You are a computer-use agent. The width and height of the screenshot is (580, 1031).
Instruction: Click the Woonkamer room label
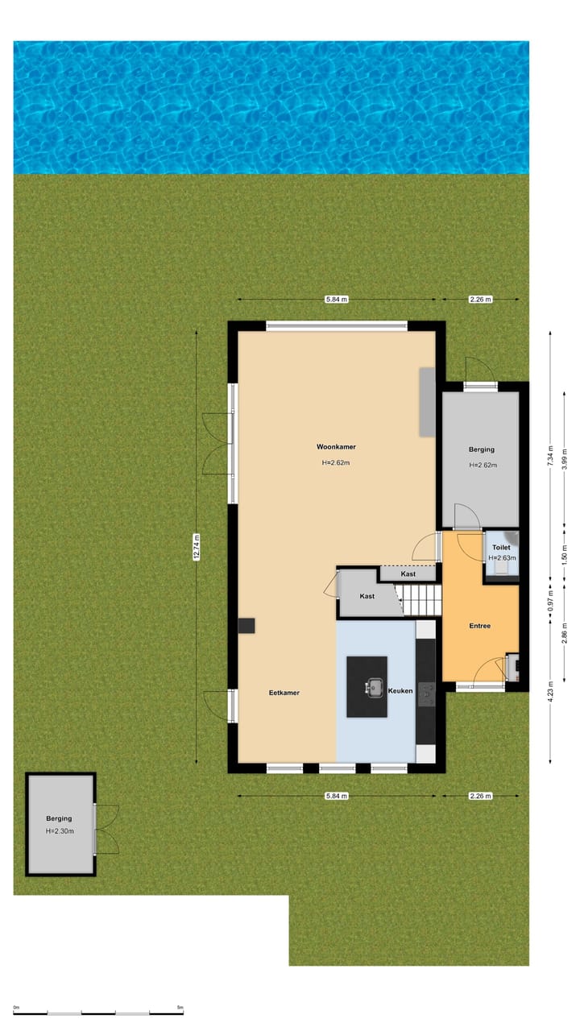[x=336, y=446]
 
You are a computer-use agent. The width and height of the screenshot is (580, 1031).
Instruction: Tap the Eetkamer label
[x=284, y=693]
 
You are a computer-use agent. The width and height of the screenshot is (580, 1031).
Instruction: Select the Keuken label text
[x=400, y=691]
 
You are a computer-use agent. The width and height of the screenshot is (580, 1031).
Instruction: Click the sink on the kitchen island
[x=375, y=687]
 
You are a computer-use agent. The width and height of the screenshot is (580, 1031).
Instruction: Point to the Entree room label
[x=480, y=626]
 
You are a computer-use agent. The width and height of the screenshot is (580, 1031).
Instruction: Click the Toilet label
[x=501, y=548]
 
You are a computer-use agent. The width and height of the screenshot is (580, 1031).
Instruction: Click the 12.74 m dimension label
[x=197, y=547]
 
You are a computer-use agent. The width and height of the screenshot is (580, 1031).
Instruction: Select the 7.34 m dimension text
[x=550, y=457]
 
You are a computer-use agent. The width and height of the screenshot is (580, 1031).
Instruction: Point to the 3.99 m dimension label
[x=565, y=458]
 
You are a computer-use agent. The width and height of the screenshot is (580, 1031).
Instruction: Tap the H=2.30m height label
[x=59, y=831]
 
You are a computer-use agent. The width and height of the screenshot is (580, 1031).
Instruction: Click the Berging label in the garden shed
[x=59, y=818]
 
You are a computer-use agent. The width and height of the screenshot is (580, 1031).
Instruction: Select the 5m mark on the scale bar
[x=180, y=1007]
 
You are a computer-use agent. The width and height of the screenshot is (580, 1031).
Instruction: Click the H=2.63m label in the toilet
[x=502, y=557]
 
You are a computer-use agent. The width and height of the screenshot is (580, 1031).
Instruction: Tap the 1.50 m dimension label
[x=565, y=553]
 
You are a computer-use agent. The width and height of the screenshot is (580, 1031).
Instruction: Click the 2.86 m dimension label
[x=565, y=636]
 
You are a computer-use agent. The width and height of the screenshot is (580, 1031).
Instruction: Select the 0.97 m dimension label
[x=550, y=599]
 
